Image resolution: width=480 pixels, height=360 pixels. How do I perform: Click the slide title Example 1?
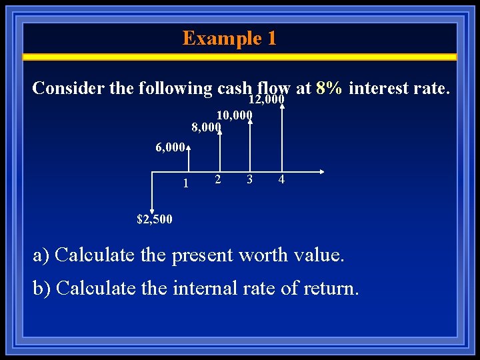(229, 38)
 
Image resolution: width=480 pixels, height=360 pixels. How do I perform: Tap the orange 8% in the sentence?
(329, 88)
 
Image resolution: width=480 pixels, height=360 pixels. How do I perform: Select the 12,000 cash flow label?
(267, 100)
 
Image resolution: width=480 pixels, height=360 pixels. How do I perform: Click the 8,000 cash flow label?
(205, 127)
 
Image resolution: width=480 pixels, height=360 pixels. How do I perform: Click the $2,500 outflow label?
(154, 219)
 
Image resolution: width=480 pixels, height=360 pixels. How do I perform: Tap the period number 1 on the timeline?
(185, 181)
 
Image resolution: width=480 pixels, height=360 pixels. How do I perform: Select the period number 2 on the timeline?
(217, 179)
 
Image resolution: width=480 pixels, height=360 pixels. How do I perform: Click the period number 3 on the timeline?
(249, 179)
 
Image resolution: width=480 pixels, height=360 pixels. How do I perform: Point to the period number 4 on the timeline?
(281, 179)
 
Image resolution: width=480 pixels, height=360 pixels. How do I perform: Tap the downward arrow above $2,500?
(153, 193)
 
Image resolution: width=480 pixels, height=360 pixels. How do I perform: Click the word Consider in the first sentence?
(63, 88)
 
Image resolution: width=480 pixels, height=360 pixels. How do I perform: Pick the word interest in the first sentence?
(379, 88)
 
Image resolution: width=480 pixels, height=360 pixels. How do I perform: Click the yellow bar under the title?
(240, 57)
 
